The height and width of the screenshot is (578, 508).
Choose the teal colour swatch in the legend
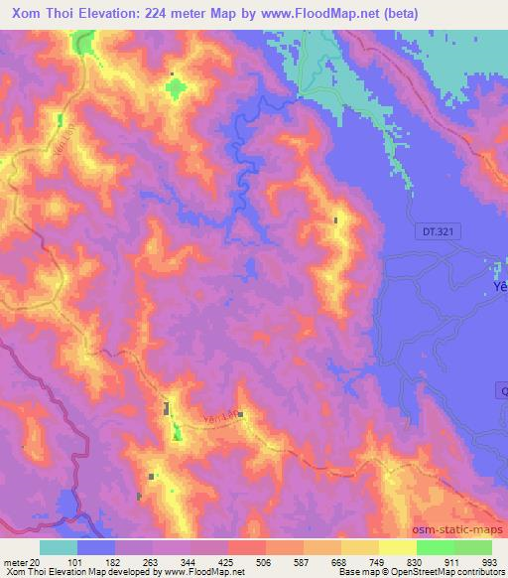pos(59,547)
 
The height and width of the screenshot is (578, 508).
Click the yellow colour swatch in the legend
pos(398,547)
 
